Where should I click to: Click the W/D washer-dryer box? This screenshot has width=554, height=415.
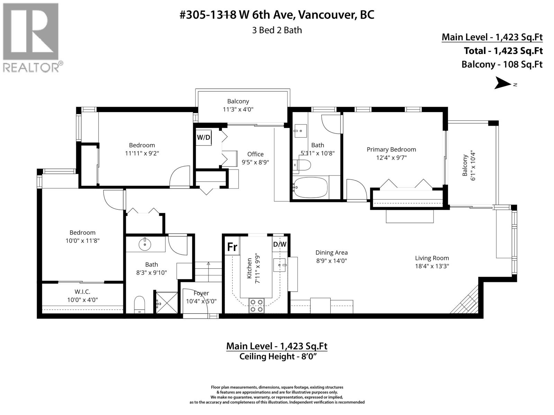pos(204,137)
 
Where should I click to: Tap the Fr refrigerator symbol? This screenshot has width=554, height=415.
pos(232,247)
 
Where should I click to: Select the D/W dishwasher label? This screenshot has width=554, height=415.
pos(280,245)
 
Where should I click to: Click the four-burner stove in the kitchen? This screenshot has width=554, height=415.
pos(256,306)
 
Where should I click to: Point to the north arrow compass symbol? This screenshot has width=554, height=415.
pos(503,83)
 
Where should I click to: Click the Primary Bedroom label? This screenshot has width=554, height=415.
pos(391,149)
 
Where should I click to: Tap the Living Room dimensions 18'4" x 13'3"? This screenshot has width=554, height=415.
pos(432,266)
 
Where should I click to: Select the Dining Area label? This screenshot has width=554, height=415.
pos(331,253)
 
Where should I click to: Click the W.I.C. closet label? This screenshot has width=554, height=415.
pos(82,292)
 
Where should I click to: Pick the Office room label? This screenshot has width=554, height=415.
pos(255,154)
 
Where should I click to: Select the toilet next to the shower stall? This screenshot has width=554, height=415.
pos(140,304)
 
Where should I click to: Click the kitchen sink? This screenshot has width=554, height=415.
pos(279,265)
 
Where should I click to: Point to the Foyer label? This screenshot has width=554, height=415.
pos(201,293)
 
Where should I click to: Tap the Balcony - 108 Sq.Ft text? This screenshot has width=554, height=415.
pos(502,64)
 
